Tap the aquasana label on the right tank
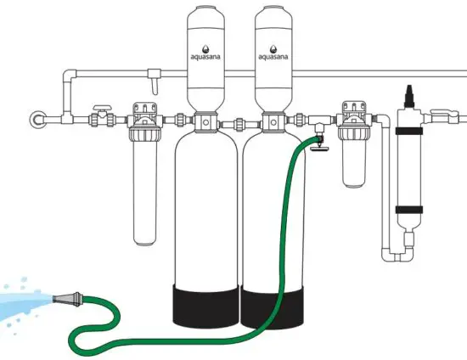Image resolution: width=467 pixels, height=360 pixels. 273,57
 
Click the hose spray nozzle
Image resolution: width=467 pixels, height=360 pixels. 69,299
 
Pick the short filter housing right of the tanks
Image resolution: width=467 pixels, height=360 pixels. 354,161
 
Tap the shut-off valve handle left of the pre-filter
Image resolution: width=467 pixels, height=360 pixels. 100,109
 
